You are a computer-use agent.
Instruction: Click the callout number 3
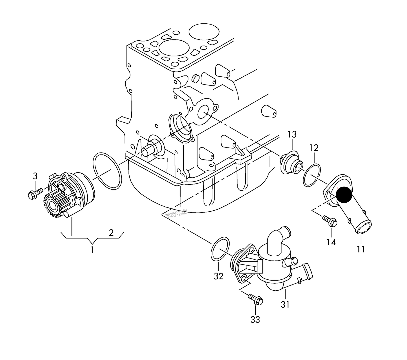click(x=35, y=176)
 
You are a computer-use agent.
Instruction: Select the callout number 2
click(x=111, y=233)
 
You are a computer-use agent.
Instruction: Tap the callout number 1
click(x=92, y=249)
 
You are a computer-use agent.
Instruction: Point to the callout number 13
click(x=292, y=134)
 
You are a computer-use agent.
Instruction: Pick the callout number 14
click(x=331, y=242)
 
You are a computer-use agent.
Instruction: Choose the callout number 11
click(x=361, y=249)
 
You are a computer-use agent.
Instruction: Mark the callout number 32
click(x=218, y=276)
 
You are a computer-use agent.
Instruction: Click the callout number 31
click(x=285, y=305)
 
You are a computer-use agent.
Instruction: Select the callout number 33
click(x=255, y=319)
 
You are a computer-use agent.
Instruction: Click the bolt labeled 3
click(x=35, y=193)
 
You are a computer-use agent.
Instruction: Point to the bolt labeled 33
click(x=256, y=299)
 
